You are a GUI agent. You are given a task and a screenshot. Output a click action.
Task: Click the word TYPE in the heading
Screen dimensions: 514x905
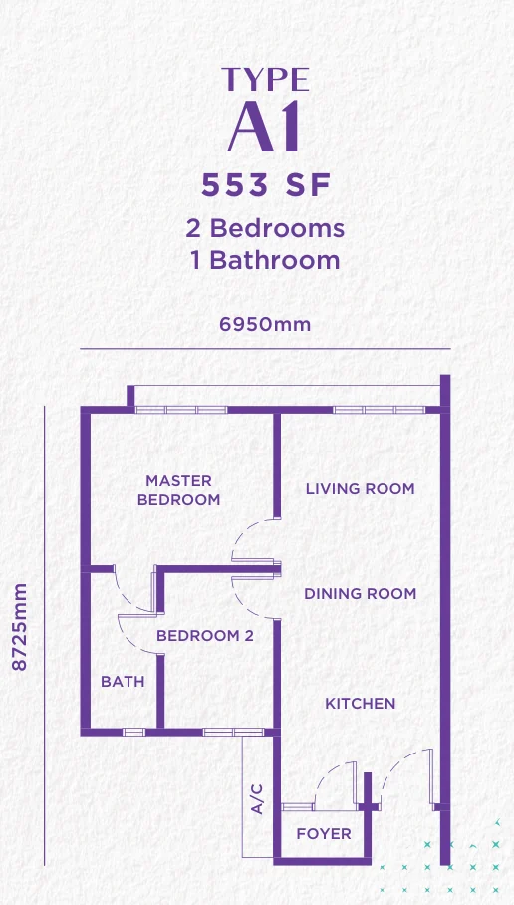[265, 80]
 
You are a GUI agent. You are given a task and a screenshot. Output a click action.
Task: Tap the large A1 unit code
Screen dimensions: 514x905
[264, 127]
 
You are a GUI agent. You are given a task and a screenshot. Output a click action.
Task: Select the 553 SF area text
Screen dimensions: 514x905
[266, 185]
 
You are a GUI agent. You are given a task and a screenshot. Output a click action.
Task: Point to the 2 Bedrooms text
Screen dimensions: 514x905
[265, 228]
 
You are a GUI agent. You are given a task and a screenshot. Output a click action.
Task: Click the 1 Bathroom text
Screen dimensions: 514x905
[265, 260]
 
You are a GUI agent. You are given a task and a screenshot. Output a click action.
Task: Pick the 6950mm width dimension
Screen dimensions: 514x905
[265, 324]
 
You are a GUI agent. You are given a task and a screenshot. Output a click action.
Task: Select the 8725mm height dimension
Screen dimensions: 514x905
[20, 627]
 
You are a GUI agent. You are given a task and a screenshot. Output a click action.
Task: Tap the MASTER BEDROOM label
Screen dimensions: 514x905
[179, 490]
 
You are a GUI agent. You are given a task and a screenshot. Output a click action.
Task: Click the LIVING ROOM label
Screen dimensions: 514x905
[360, 488]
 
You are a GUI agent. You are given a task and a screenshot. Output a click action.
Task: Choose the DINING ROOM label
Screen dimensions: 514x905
[360, 593]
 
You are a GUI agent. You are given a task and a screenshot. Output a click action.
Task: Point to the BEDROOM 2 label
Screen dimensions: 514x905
[205, 636]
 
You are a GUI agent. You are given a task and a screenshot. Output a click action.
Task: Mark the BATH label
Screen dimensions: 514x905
[123, 682]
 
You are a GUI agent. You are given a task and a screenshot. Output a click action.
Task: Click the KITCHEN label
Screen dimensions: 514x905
[360, 703]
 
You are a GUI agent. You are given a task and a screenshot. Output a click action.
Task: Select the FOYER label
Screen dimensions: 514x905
[324, 834]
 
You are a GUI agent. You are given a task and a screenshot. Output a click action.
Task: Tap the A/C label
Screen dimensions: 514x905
[257, 798]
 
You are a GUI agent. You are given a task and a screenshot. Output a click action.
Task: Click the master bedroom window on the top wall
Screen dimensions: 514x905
[181, 410]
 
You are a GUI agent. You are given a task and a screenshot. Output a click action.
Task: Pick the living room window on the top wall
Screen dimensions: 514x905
[379, 410]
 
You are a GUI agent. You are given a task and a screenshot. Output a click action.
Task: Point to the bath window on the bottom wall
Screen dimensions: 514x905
[133, 732]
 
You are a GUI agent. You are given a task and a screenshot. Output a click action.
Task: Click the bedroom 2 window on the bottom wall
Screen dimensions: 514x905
[234, 732]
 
